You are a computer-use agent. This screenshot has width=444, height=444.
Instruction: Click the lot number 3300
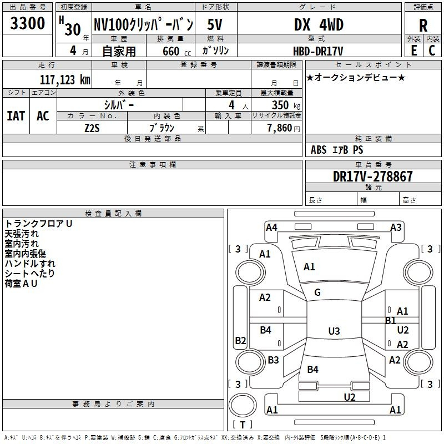pos(28,24)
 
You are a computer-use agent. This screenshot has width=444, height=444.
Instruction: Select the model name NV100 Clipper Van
pos(143,24)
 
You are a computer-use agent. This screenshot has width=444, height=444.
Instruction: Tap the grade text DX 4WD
pos(319,25)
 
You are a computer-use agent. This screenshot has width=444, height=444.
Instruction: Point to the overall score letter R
pos(423,26)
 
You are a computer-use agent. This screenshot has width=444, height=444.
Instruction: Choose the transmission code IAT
pos(16,115)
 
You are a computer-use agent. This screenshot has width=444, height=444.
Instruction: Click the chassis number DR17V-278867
pos(372,176)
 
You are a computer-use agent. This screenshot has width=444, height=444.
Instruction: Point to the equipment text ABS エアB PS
pos(337,150)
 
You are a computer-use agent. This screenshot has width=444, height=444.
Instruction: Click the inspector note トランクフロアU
pos(39,223)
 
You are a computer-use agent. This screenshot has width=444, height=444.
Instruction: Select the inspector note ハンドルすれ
pos(30,263)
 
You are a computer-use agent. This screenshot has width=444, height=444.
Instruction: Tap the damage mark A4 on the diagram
pos(271,227)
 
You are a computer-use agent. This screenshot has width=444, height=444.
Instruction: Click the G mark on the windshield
pos(317,292)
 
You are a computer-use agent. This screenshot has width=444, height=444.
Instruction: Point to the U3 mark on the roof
pos(334,331)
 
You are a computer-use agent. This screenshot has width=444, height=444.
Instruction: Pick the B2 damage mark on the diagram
pos(240,341)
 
